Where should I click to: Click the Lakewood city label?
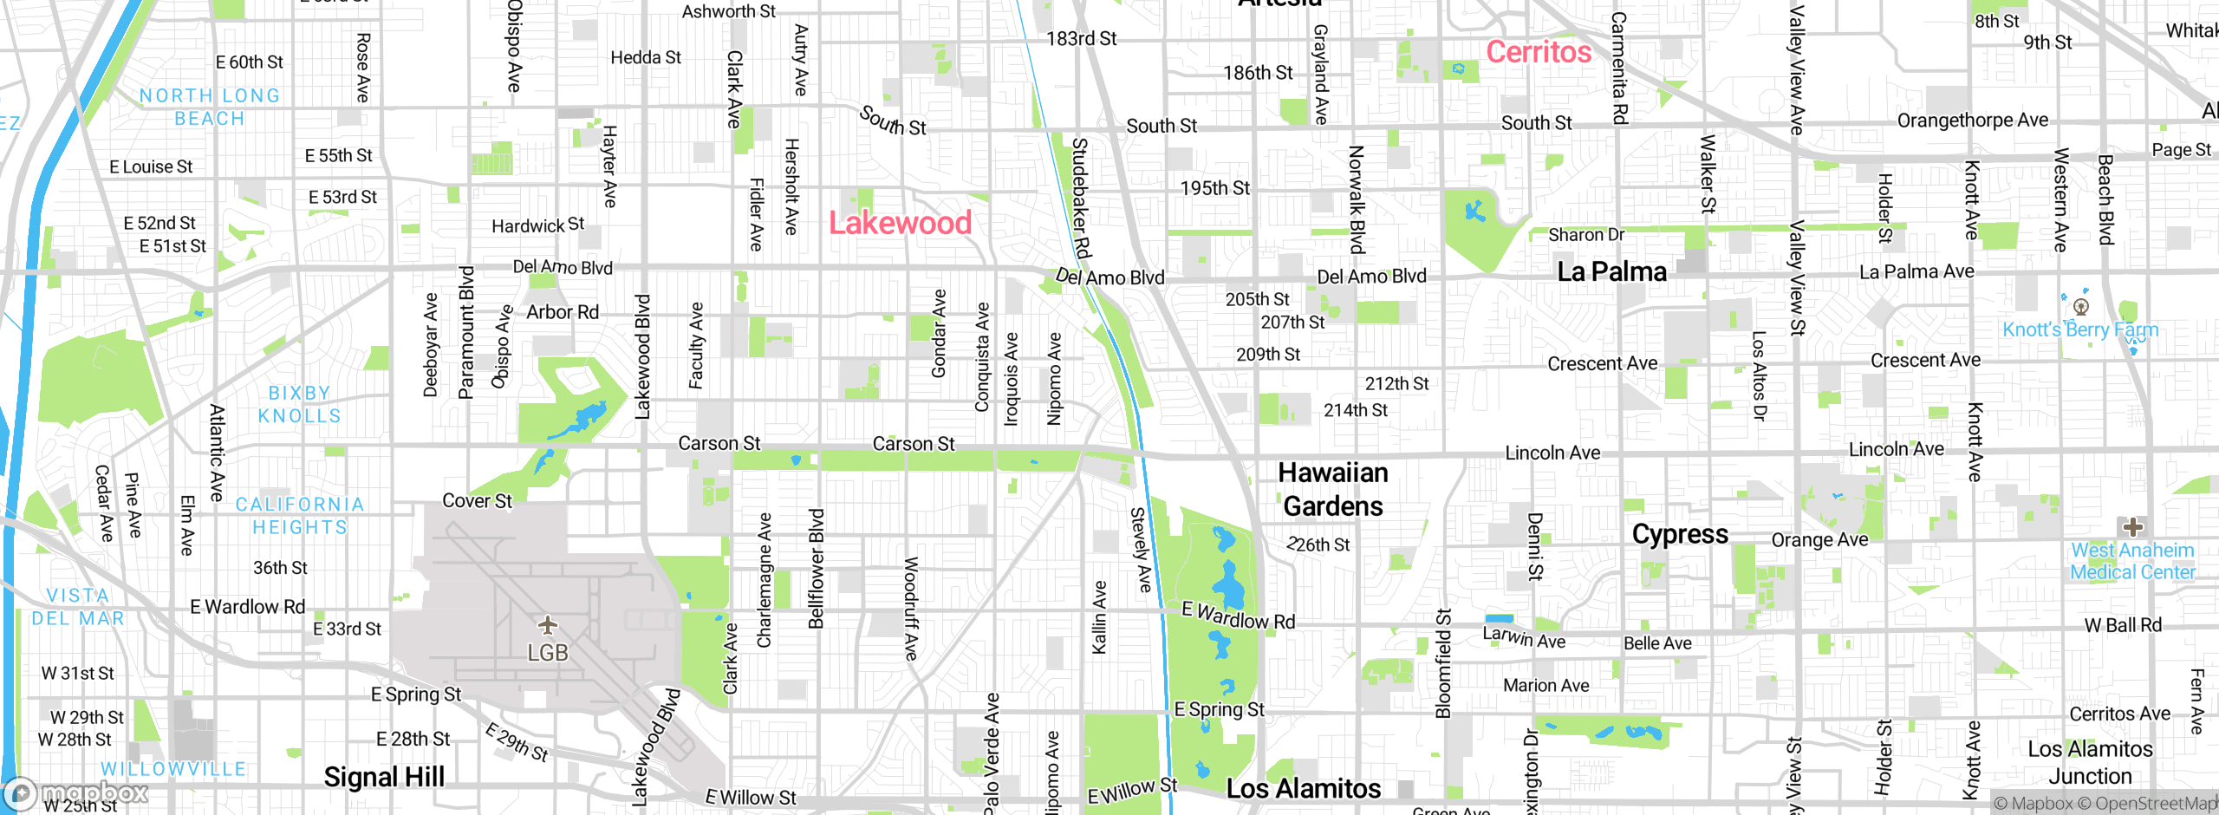click(900, 223)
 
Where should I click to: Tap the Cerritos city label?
click(1539, 52)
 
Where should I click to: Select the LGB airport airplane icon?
click(548, 624)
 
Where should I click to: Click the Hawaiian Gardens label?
click(1333, 489)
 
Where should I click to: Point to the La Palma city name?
click(1611, 272)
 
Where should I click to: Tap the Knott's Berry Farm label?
click(2080, 329)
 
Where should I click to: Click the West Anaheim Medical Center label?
click(2132, 561)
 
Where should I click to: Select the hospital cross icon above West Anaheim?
click(2133, 526)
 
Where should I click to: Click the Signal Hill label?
click(384, 777)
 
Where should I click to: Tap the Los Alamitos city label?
click(1304, 788)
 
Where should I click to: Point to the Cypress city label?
click(1680, 534)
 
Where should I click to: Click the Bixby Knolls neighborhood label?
click(299, 405)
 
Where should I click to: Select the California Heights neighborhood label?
click(300, 516)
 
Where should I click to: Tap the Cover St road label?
click(477, 501)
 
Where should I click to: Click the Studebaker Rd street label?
click(1080, 198)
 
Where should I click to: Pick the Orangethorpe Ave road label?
click(1973, 121)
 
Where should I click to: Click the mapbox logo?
click(76, 792)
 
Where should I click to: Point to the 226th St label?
click(1318, 544)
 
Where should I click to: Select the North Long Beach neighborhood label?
click(210, 107)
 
